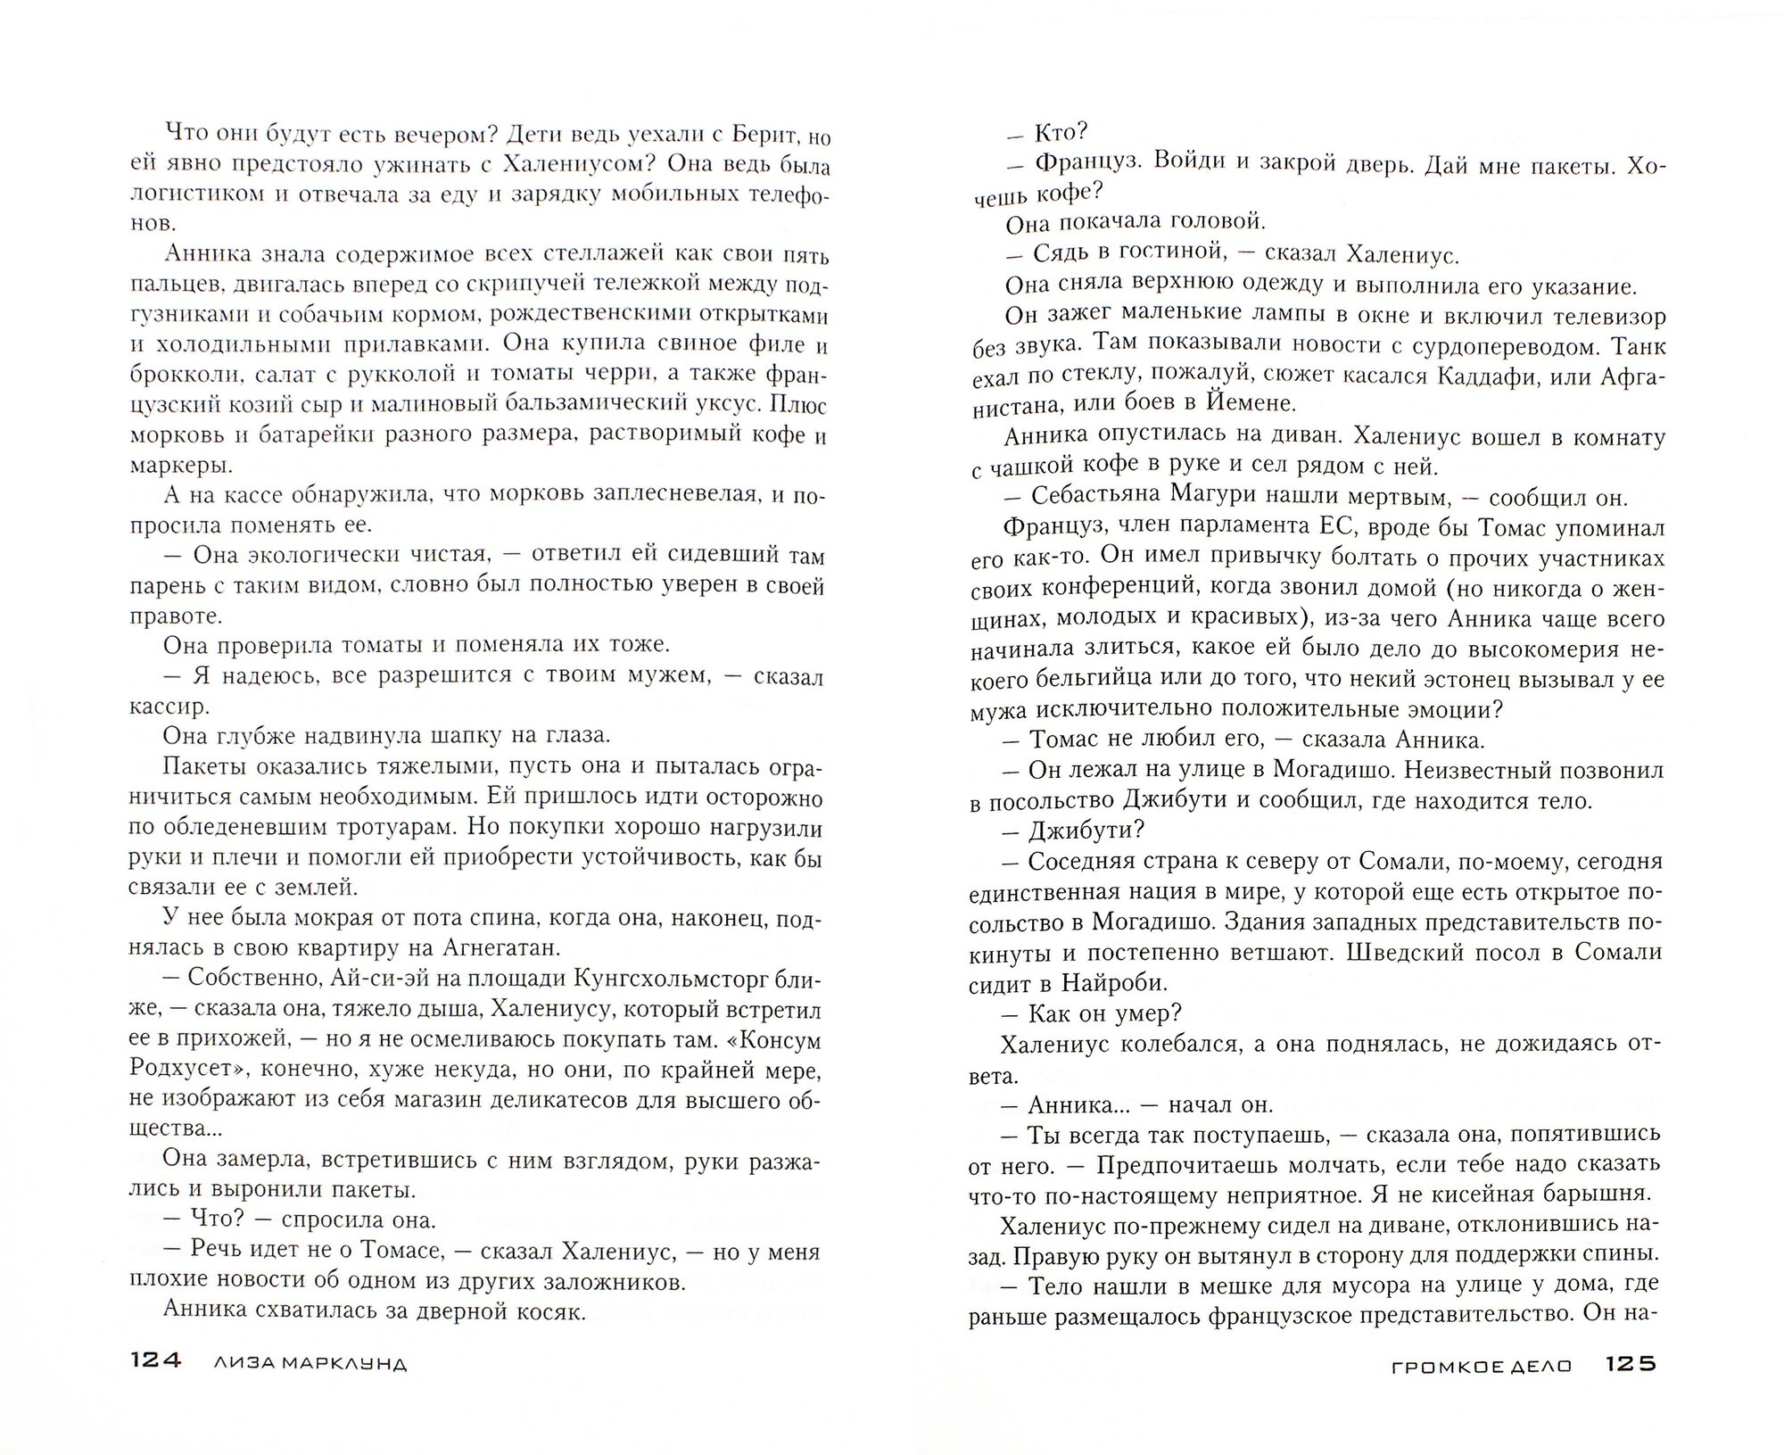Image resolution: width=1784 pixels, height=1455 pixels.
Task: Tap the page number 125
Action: point(1630,1389)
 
